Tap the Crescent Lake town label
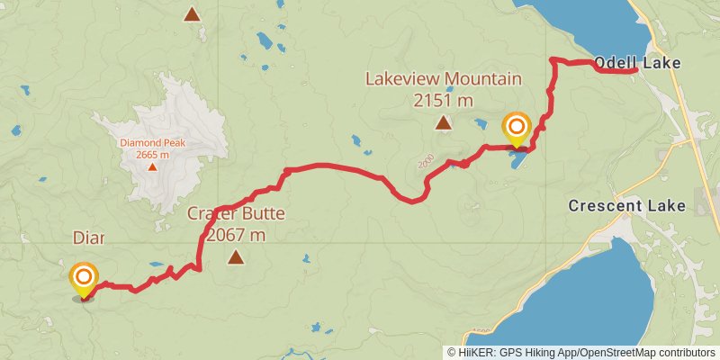626,206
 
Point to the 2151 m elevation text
443,101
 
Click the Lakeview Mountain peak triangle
443,123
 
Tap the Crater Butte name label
236,214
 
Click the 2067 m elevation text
236,236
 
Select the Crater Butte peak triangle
236,257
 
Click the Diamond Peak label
153,142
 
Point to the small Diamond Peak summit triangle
153,166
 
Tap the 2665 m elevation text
153,155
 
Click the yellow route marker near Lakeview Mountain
517,127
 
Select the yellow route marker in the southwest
84,278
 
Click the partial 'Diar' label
88,238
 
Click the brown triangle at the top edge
191,13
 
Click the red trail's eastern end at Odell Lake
634,69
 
